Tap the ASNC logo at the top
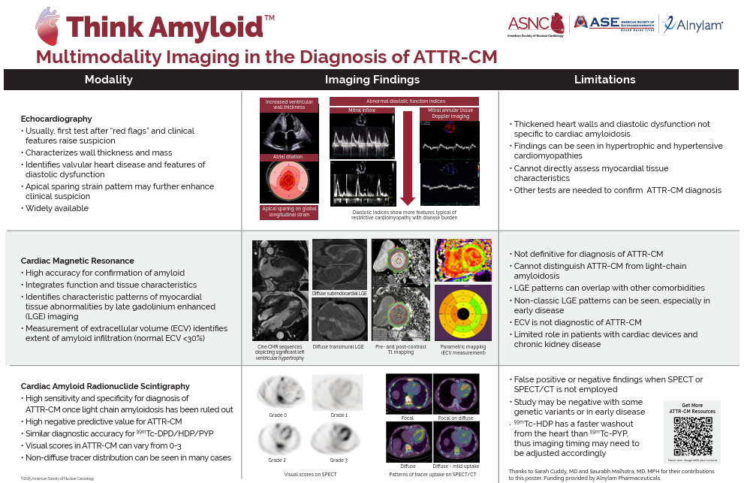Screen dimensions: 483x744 [x=535, y=24]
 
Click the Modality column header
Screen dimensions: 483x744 [x=108, y=80]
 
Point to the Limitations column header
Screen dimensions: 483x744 [x=604, y=80]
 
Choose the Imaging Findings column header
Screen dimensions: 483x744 [x=372, y=80]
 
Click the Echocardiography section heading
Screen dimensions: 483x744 [x=56, y=119]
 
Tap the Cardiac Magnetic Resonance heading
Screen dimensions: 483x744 [x=77, y=261]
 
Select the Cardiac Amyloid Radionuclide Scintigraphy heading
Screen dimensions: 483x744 [x=105, y=386]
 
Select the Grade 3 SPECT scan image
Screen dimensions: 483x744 [x=339, y=439]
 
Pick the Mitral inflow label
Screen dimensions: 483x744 [x=362, y=110]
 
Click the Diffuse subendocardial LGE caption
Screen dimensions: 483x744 [x=339, y=294]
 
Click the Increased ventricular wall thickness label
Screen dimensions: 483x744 [x=290, y=104]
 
